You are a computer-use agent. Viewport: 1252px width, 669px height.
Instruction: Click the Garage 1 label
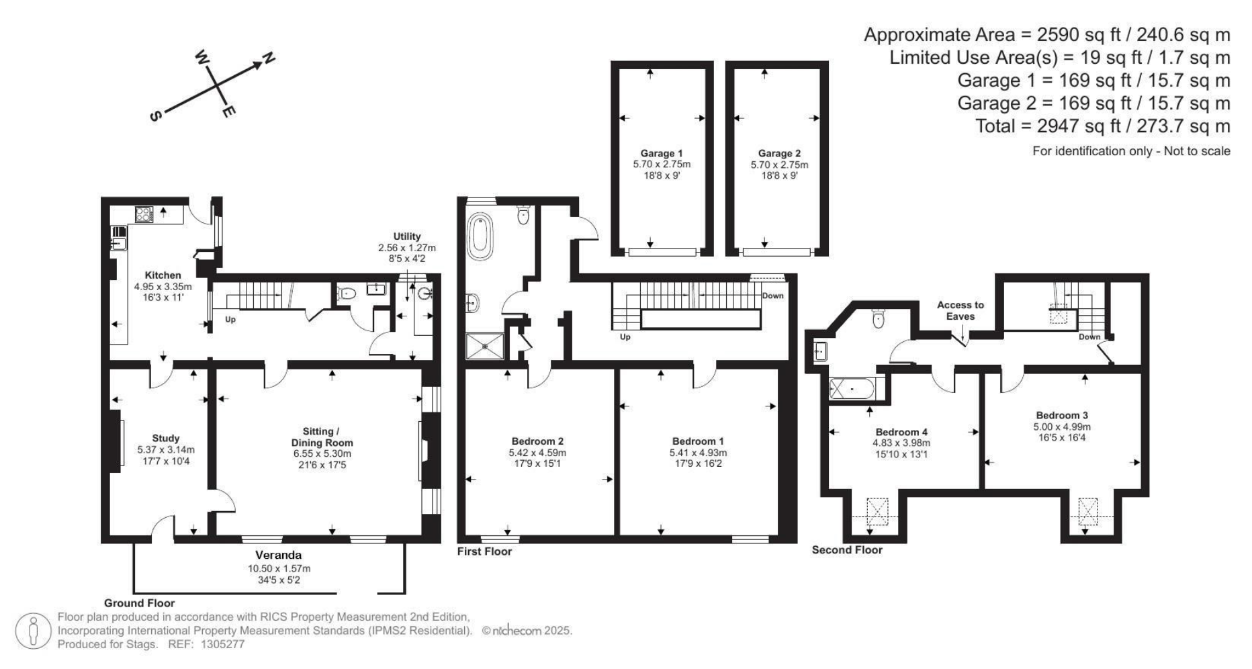661,153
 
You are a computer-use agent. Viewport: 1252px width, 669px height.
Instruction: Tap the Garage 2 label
779,153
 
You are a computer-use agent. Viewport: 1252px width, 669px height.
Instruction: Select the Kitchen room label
163,275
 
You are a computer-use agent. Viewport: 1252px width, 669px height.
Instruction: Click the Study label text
165,439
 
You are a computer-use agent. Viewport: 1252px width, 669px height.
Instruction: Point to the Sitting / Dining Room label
322,437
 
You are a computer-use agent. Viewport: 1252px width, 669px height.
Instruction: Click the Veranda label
278,555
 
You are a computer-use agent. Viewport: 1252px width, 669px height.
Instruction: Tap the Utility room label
407,236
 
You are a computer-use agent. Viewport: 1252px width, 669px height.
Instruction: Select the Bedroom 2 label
537,441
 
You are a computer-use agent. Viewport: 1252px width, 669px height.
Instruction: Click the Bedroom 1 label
698,441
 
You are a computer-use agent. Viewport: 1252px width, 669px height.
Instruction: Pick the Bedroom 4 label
901,432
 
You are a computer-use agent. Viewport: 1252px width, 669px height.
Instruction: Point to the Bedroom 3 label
1062,415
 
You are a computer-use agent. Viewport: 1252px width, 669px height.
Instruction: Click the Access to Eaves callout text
960,310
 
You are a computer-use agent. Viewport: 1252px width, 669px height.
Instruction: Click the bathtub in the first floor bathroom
480,236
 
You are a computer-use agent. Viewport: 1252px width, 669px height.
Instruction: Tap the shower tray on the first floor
484,346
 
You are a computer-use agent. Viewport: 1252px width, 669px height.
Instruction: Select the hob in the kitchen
144,214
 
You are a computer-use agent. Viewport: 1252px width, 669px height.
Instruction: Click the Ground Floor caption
139,603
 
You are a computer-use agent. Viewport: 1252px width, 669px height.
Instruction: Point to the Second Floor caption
847,550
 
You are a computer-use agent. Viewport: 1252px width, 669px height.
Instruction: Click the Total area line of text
1103,126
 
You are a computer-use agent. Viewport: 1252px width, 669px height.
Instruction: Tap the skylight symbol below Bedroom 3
1087,511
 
